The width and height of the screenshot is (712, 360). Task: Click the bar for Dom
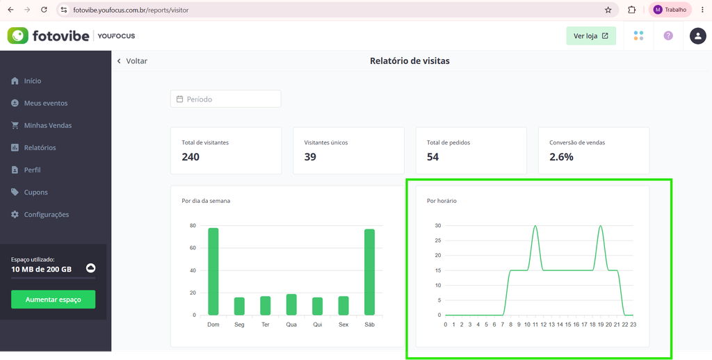pyautogui.click(x=213, y=272)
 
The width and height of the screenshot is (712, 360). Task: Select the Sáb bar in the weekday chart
pyautogui.click(x=370, y=272)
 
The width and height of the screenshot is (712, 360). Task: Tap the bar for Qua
pyautogui.click(x=291, y=304)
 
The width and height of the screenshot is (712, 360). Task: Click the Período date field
pyautogui.click(x=226, y=99)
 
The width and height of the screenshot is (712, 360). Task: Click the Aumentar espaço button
pyautogui.click(x=53, y=300)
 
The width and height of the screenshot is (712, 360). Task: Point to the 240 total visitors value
pyautogui.click(x=191, y=157)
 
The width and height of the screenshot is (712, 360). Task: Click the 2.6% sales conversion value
pyautogui.click(x=561, y=157)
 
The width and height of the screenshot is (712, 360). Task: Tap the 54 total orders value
pyautogui.click(x=432, y=157)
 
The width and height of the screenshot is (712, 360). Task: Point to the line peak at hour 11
pyautogui.click(x=535, y=226)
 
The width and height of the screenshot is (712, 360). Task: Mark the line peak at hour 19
pyautogui.click(x=601, y=226)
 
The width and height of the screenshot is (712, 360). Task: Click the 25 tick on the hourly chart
pyautogui.click(x=438, y=240)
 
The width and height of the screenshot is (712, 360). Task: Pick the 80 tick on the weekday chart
pyautogui.click(x=193, y=226)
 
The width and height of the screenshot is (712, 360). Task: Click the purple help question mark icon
pyautogui.click(x=668, y=36)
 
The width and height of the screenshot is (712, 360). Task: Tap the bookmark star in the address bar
pyautogui.click(x=608, y=10)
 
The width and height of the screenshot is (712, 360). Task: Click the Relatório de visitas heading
pyautogui.click(x=410, y=61)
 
